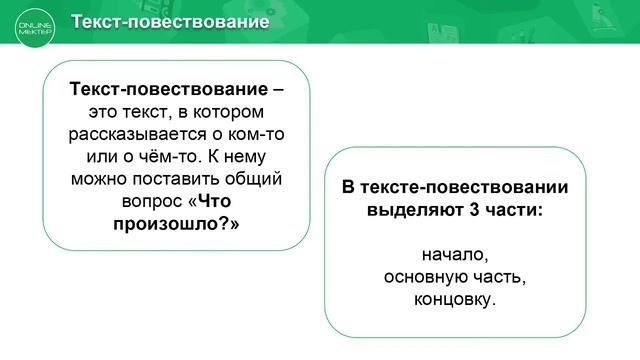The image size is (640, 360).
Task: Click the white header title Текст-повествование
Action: [x=171, y=21]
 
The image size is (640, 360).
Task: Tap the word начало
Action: [x=454, y=254]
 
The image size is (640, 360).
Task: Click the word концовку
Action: [x=454, y=298]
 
